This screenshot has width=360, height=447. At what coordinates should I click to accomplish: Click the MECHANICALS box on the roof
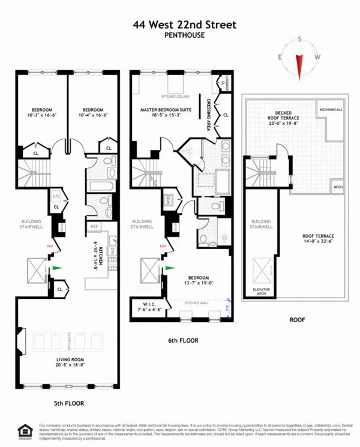point(331,110)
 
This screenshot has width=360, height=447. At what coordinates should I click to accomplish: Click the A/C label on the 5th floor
point(56,196)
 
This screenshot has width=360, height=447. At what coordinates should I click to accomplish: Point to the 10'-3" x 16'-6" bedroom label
point(40,113)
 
